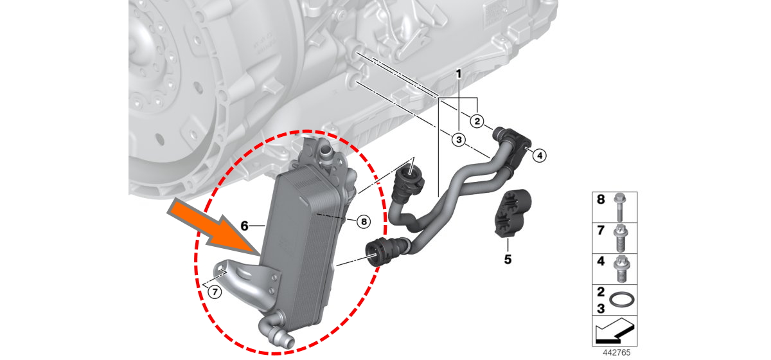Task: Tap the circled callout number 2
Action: pos(477,122)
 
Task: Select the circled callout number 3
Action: pos(459,140)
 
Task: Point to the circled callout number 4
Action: pos(539,156)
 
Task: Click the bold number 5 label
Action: pos(508,260)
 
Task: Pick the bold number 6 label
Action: pos(244,226)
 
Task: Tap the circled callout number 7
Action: pos(215,292)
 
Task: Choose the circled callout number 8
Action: pos(364,222)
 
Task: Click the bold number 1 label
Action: pos(459,74)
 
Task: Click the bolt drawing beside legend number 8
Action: pos(620,207)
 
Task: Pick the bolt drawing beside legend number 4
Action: pos(621,269)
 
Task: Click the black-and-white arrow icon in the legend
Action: pos(614,331)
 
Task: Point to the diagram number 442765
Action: pos(616,353)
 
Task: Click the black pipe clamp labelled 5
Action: pos(513,213)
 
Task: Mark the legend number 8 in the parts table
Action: pos(601,199)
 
